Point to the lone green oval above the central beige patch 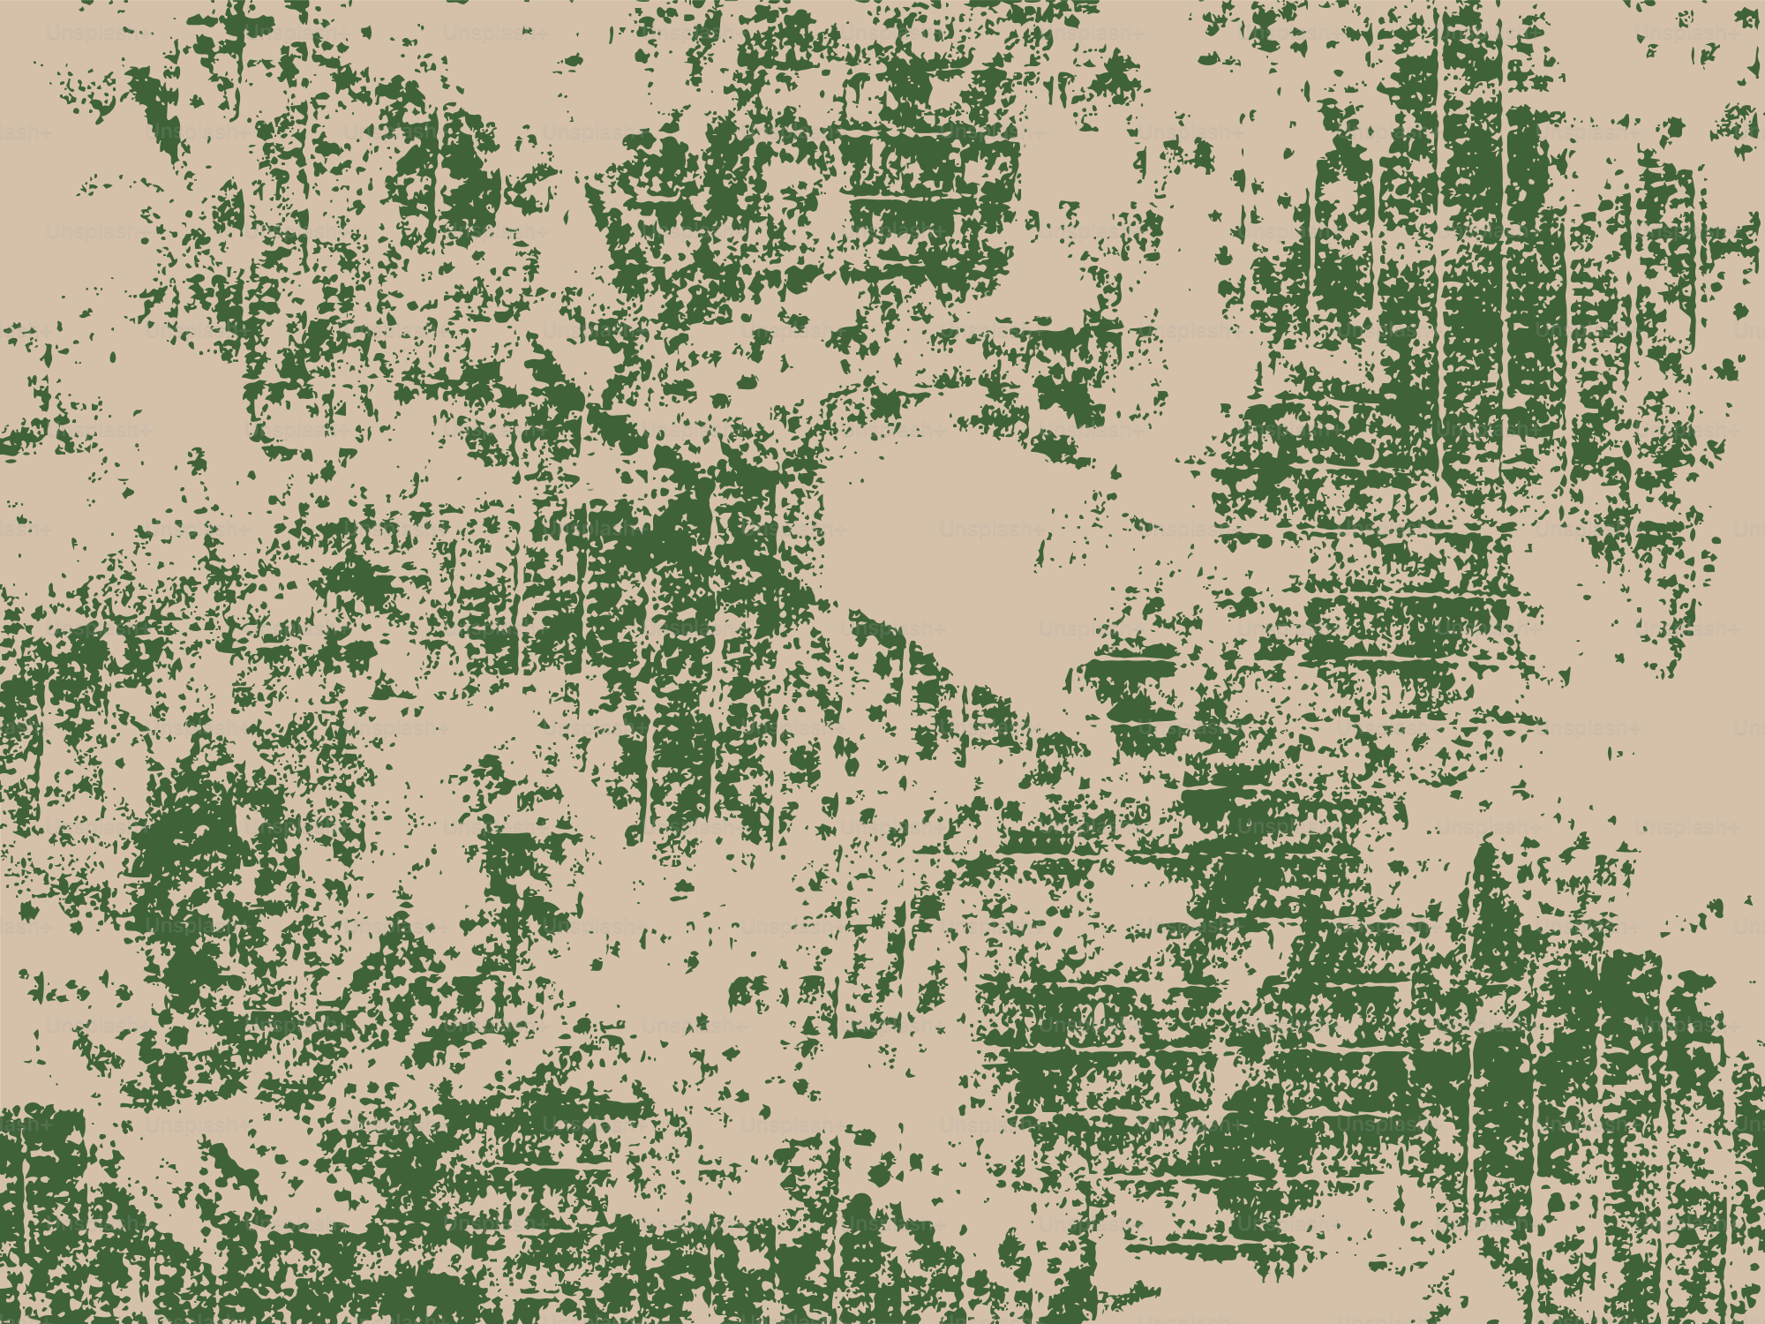point(747,382)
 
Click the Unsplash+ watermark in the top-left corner point(97,34)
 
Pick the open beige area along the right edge point(1677,750)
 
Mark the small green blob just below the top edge point(574,60)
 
